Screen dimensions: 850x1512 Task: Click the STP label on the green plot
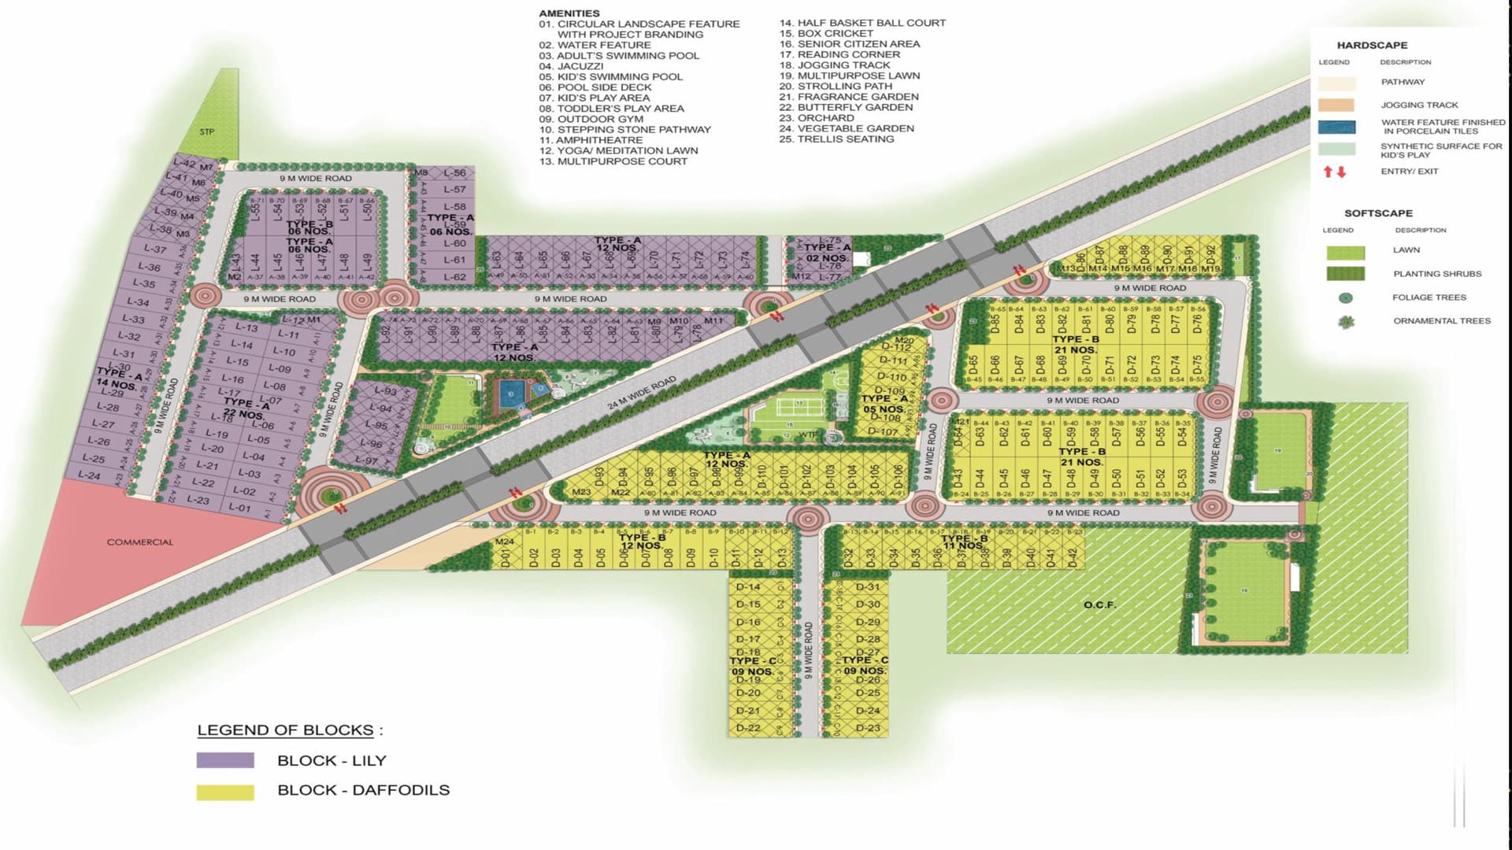pos(206,131)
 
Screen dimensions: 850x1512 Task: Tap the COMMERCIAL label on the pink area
pos(139,542)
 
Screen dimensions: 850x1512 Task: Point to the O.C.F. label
pos(1099,604)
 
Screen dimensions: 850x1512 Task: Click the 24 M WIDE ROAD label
pos(641,393)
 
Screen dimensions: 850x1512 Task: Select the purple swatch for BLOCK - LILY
pos(225,760)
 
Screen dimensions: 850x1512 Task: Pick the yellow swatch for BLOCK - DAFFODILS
pos(225,792)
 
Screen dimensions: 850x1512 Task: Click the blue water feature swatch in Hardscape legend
pos(1336,127)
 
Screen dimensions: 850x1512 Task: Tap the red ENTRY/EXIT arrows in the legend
pos(1334,172)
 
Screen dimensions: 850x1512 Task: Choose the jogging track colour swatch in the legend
pos(1336,105)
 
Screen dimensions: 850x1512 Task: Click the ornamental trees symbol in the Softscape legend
pos(1346,322)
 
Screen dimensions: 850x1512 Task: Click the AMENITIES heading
pos(569,13)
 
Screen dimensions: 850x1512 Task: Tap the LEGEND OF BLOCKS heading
pos(285,730)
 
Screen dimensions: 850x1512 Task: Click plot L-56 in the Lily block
pos(454,173)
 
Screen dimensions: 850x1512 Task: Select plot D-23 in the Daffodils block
pos(868,728)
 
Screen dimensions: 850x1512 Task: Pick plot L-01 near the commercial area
pos(239,508)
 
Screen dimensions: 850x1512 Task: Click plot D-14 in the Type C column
pos(748,587)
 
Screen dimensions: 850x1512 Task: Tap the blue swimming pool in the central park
pos(510,394)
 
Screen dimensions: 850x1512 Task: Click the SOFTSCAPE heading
pos(1378,213)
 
